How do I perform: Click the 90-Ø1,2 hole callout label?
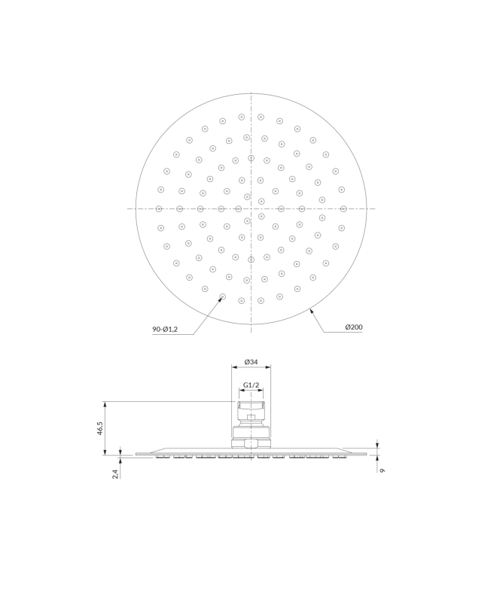pyautogui.click(x=165, y=329)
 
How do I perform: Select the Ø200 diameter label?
pyautogui.click(x=353, y=327)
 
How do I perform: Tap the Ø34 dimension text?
pyautogui.click(x=251, y=362)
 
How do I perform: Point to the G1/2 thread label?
pyautogui.click(x=251, y=385)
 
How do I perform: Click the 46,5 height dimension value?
pyautogui.click(x=100, y=428)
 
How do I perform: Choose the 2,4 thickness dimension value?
pyautogui.click(x=115, y=474)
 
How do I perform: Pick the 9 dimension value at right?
pyautogui.click(x=382, y=470)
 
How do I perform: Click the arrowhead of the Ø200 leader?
pyautogui.click(x=312, y=312)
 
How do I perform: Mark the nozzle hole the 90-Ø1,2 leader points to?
pyautogui.click(x=222, y=296)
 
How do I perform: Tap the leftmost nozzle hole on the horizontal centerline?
pyautogui.click(x=159, y=209)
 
